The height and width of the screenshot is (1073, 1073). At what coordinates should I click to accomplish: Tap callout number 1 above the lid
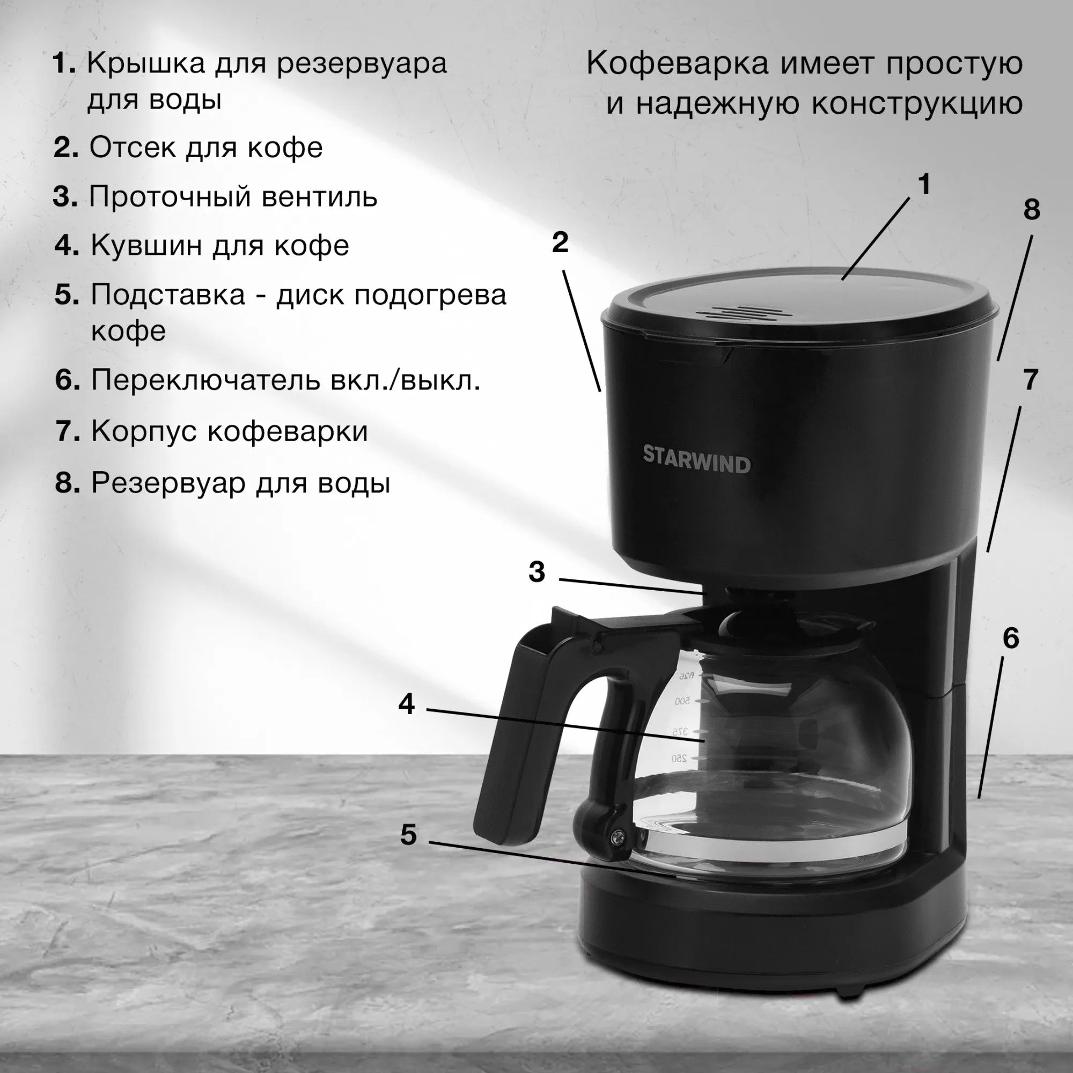(924, 185)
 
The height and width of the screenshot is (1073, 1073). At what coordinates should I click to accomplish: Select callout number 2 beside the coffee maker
(560, 242)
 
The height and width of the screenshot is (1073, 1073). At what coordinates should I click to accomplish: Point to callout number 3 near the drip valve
(536, 571)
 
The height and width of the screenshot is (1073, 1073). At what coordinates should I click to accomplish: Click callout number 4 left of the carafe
(407, 704)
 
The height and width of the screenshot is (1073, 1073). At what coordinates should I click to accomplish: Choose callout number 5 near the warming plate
(408, 834)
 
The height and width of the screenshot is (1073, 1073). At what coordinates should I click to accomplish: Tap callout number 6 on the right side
(1011, 638)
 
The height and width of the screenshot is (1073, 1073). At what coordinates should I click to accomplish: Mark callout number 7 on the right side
(1030, 380)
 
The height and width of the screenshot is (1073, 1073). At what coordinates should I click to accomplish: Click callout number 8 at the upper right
(1031, 209)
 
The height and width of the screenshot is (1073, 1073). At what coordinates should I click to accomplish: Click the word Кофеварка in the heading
(678, 63)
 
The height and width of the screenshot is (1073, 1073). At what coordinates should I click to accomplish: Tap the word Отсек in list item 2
(132, 147)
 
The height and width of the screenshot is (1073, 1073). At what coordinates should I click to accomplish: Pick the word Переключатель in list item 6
(205, 380)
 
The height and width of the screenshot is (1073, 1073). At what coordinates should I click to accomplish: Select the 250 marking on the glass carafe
(679, 758)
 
